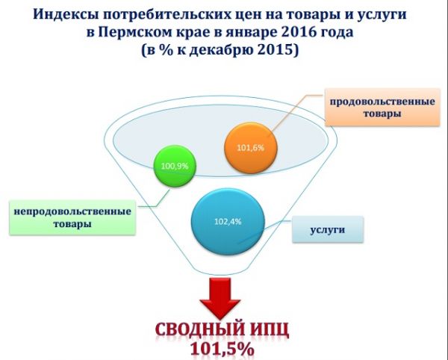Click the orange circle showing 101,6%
(x=251, y=148)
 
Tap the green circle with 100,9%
(x=175, y=166)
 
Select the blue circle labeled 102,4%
(x=228, y=221)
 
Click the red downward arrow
(x=220, y=299)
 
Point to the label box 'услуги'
(x=328, y=230)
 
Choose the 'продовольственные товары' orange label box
(x=382, y=107)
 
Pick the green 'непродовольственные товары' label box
(x=72, y=217)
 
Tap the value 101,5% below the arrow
(x=223, y=349)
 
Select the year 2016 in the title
(x=299, y=32)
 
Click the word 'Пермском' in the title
(x=134, y=32)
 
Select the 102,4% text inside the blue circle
(x=228, y=221)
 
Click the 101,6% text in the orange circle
(x=251, y=148)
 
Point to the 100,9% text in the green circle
(x=175, y=166)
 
